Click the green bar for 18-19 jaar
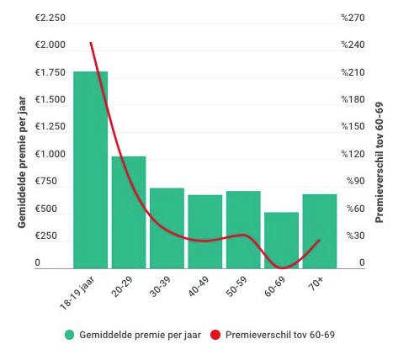[x=90, y=169]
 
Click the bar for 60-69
[x=281, y=240]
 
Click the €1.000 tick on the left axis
[x=49, y=154]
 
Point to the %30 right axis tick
[x=353, y=236]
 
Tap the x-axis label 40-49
[x=199, y=289]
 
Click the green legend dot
[x=70, y=335]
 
